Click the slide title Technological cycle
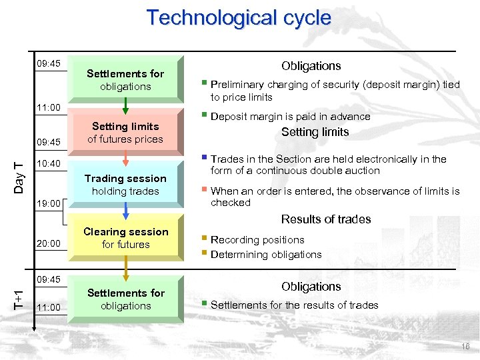pos(239,18)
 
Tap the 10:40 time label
pos(49,164)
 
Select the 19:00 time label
pos(49,204)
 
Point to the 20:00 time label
pos(49,244)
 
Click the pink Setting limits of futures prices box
pos(126,133)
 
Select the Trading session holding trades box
pos(126,185)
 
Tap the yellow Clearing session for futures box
pos(126,238)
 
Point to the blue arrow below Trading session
pos(126,211)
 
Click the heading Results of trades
pos(325,219)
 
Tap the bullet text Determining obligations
pos(266,254)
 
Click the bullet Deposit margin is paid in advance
pos(290,117)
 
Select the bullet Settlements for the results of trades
pos(294,305)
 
